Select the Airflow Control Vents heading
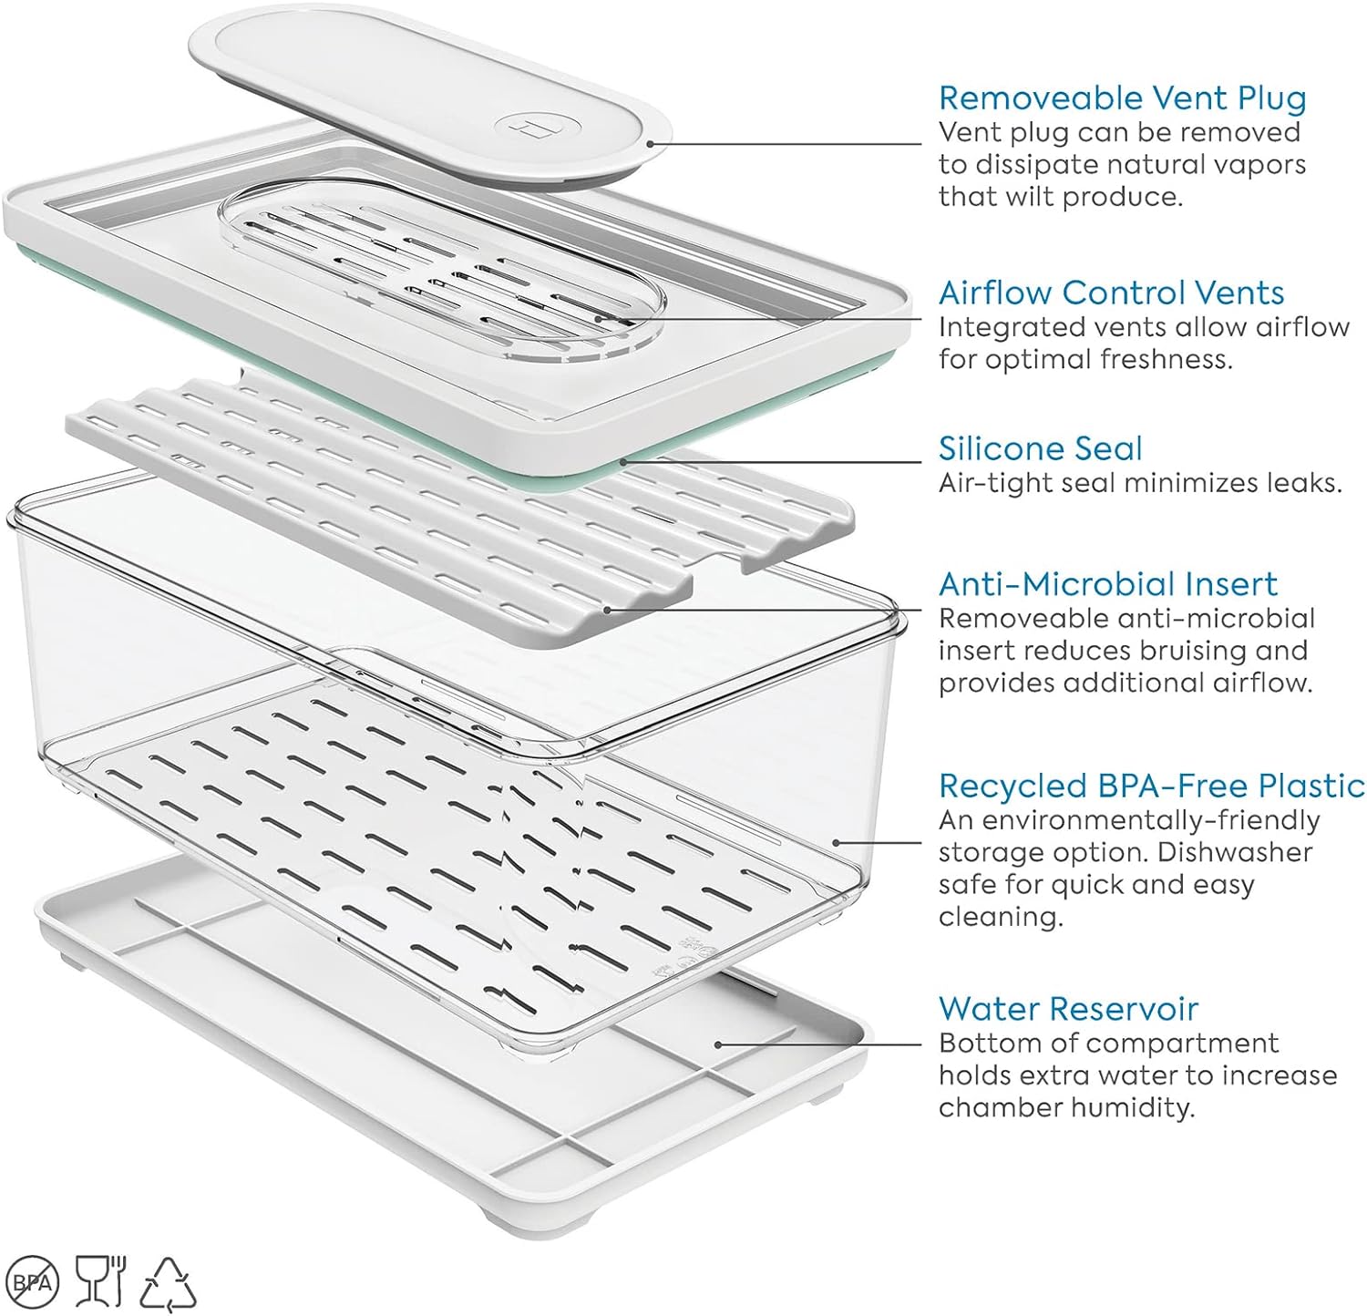(x=1111, y=293)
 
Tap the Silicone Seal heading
(x=1040, y=448)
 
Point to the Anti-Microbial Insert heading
(x=1108, y=583)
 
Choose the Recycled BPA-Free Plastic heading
(x=1152, y=786)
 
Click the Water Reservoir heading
(x=1068, y=1008)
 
